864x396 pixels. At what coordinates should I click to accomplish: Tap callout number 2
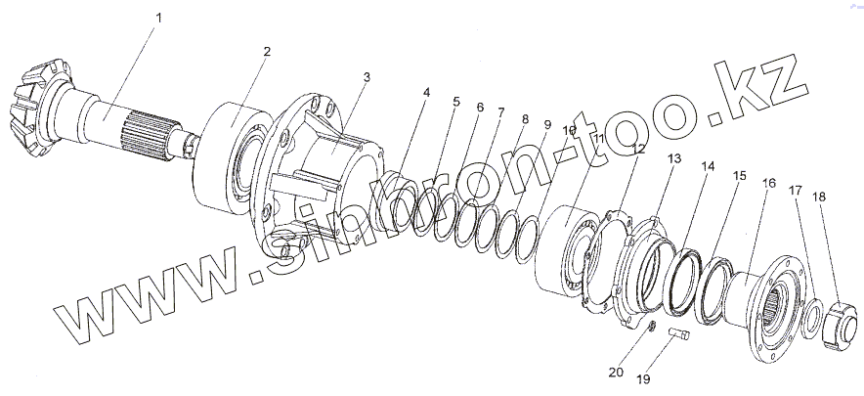[x=267, y=50]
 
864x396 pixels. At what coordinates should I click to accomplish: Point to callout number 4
[x=426, y=93]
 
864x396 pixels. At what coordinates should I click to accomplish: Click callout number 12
[x=637, y=150]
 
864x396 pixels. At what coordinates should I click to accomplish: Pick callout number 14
[x=707, y=167]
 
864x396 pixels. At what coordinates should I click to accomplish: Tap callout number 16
[x=770, y=183]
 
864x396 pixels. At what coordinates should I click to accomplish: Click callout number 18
[x=818, y=197]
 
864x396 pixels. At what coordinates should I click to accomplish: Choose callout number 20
[x=614, y=372]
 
